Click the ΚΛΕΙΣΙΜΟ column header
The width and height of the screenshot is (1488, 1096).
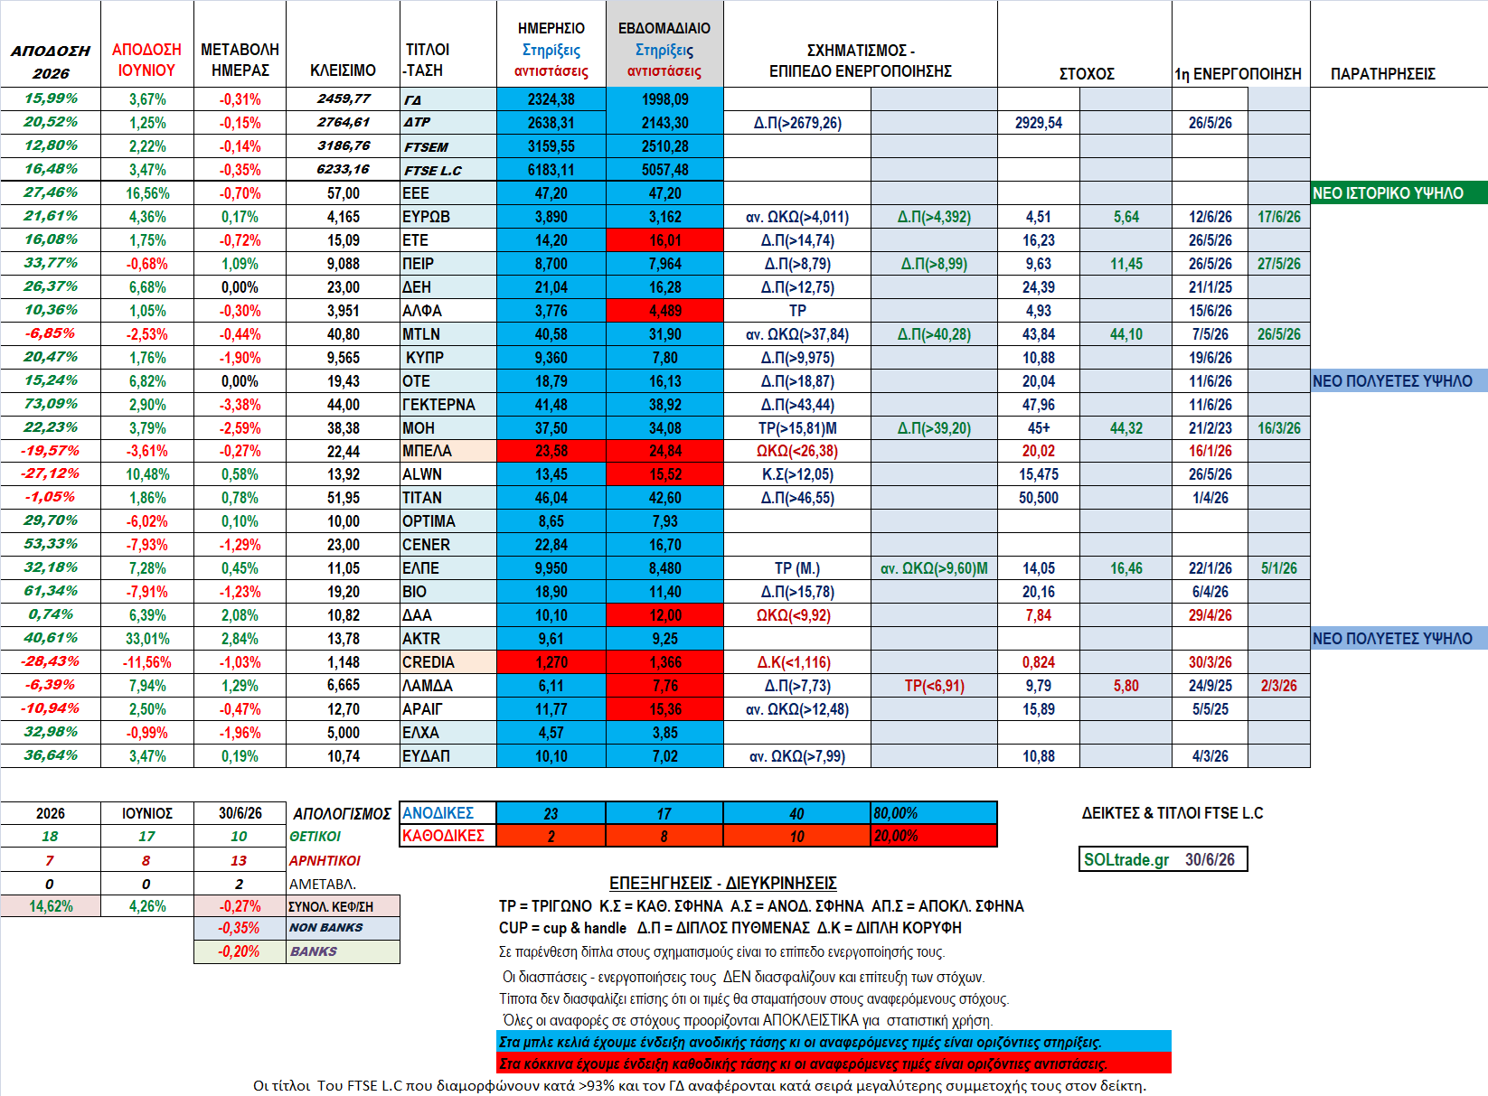click(343, 70)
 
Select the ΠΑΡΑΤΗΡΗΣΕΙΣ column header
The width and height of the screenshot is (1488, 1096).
click(1382, 74)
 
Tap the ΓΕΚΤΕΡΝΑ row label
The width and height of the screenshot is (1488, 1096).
click(438, 404)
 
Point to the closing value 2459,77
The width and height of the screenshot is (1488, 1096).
click(344, 98)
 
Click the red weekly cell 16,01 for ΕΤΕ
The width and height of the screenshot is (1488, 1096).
click(665, 240)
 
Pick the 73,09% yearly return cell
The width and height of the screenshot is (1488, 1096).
click(51, 404)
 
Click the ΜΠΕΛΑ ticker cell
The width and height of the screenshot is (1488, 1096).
click(447, 451)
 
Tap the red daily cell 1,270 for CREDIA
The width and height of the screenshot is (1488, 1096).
click(551, 662)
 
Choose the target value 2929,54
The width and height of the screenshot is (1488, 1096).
click(1039, 123)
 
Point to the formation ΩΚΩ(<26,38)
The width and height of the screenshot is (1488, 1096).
click(797, 451)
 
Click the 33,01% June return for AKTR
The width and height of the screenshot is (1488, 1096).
click(147, 639)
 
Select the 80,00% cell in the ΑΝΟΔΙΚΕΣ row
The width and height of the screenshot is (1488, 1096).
click(895, 813)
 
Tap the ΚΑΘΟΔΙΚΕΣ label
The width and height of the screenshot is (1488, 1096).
click(443, 836)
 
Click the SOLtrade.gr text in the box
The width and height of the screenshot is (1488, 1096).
click(1126, 859)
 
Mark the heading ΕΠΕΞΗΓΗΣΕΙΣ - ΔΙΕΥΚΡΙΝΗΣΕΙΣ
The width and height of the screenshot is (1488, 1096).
click(722, 883)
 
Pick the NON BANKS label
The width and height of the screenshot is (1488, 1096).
click(325, 927)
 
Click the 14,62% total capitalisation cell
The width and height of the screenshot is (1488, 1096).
click(51, 906)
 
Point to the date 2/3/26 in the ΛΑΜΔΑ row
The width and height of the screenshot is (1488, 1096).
click(1279, 686)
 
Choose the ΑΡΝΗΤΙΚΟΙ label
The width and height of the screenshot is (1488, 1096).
click(325, 860)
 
